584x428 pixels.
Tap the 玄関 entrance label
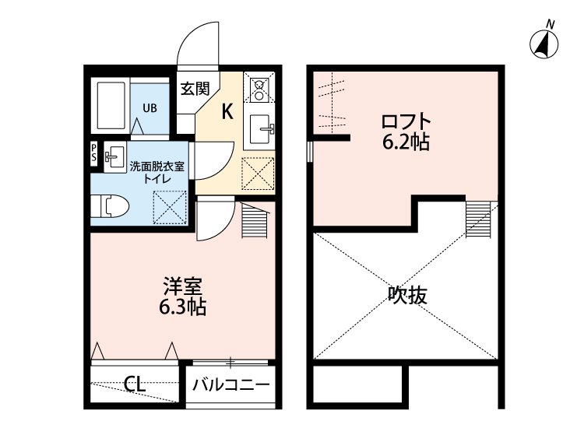point(195,89)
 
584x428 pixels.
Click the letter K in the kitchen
point(227,111)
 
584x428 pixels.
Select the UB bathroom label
point(149,107)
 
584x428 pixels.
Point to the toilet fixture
point(110,206)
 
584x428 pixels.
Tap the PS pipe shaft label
point(94,152)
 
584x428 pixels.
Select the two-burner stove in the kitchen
point(257,88)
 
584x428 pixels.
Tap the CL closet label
point(135,384)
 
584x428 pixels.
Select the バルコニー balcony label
point(230,384)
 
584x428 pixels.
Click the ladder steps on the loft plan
point(478,219)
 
